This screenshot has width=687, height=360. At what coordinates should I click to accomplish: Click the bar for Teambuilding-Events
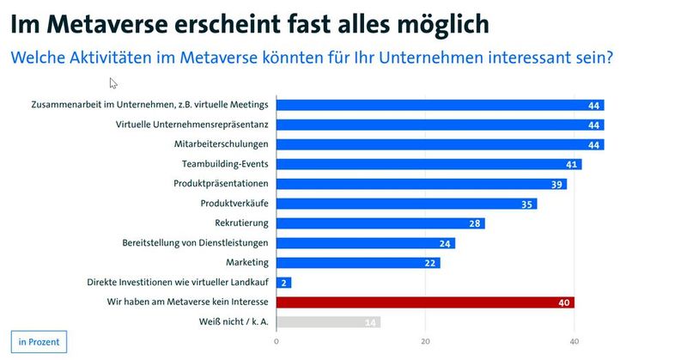(429, 164)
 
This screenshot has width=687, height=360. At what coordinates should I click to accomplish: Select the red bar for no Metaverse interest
(425, 302)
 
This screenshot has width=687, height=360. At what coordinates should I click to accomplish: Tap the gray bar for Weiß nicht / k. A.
(328, 322)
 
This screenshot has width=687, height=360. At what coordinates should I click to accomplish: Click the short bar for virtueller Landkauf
(284, 283)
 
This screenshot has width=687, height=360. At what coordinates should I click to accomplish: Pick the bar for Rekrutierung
(380, 223)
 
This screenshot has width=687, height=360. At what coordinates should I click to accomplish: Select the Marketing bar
(358, 263)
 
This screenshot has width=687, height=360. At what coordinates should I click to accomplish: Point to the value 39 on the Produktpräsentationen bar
(557, 184)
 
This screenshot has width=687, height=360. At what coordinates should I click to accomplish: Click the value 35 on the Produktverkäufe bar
(527, 204)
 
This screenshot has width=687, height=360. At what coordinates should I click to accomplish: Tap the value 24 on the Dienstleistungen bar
(445, 243)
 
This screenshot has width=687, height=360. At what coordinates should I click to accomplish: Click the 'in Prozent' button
(39, 341)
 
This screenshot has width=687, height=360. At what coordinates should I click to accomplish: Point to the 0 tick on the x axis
(277, 341)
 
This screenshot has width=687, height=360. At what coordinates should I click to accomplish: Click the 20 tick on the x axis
(425, 341)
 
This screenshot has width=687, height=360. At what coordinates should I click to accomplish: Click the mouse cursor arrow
(113, 83)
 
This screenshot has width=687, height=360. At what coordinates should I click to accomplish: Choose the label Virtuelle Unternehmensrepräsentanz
(192, 125)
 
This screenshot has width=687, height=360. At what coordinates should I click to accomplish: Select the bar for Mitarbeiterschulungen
(441, 144)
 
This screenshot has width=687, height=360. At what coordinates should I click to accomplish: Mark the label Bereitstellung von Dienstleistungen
(196, 243)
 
